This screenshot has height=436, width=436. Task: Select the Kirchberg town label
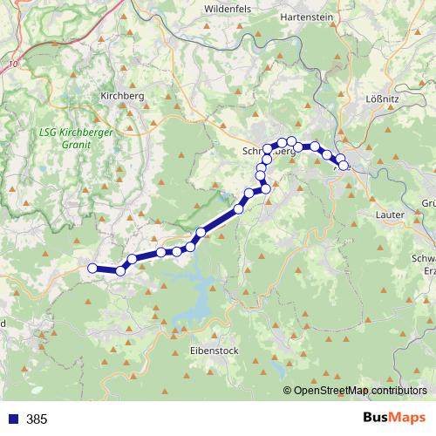pos(121,96)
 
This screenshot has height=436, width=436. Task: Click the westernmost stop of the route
pos(92,268)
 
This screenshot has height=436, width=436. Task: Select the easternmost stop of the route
pos(343,165)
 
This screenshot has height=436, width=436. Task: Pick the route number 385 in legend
pos(37,419)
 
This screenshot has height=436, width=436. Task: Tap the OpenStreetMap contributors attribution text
pos(359,390)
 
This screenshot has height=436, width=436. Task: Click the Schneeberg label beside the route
pos(262,151)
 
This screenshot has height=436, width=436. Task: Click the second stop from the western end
pos(121,270)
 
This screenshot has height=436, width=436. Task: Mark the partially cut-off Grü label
pos(428,203)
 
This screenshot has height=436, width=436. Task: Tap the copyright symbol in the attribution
pos(287,391)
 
